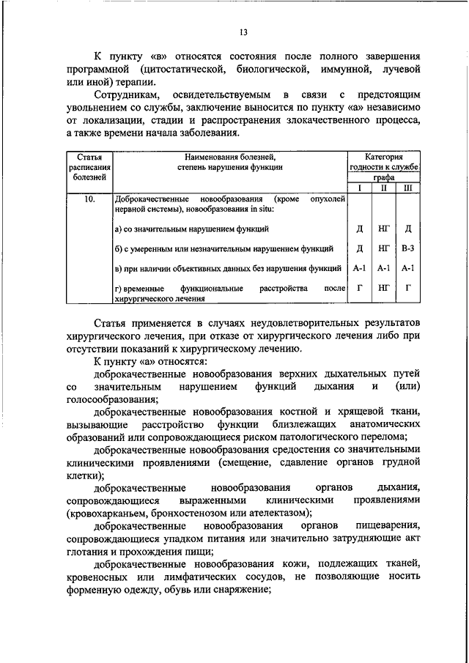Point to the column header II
click(x=383, y=188)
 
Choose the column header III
click(x=407, y=188)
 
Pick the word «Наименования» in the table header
click(x=212, y=156)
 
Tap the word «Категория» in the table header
click(x=384, y=156)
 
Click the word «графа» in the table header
click(x=383, y=177)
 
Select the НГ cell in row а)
click(x=383, y=229)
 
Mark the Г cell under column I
click(x=359, y=289)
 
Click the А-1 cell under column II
click(x=383, y=269)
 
